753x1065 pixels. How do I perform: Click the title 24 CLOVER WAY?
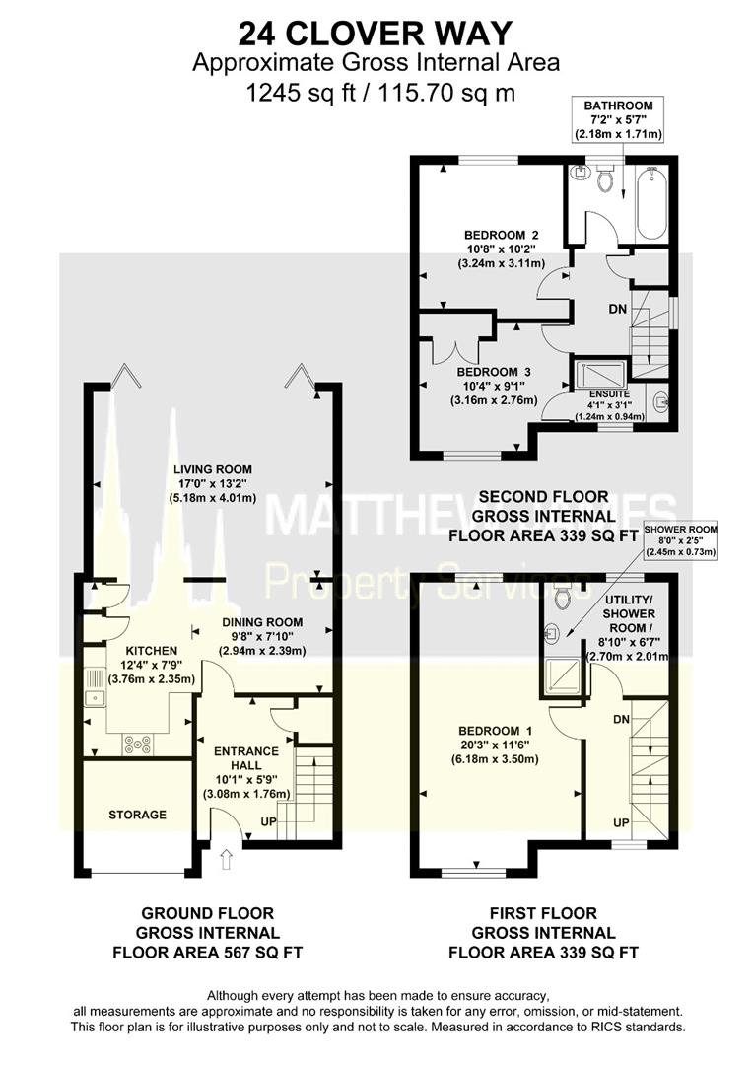376,33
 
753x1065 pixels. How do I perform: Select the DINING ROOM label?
261,622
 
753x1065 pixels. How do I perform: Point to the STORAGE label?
137,815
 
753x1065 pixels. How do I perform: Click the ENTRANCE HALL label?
247,758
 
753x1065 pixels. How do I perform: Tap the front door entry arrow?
226,862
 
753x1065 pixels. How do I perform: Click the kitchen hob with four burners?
137,745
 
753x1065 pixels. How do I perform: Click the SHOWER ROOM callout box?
680,540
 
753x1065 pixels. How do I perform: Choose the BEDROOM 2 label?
502,235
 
